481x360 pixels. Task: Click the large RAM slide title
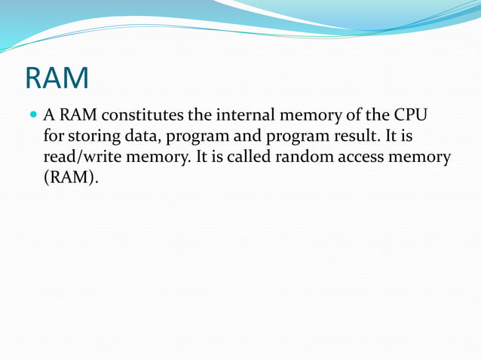[57, 78]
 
